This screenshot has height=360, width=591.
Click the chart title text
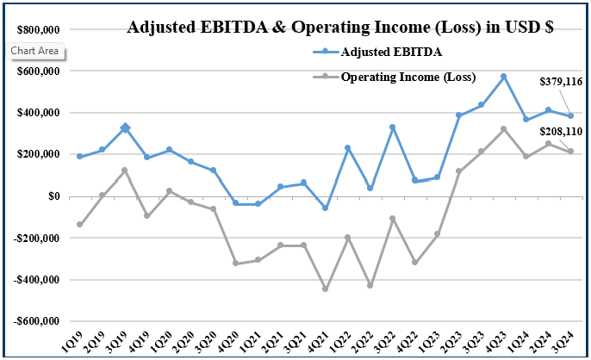click(x=339, y=27)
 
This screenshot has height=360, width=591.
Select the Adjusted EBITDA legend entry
click(x=391, y=52)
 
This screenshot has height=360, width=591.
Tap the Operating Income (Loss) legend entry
click(x=408, y=78)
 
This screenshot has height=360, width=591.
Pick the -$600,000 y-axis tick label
click(x=35, y=321)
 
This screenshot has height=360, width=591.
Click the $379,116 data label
click(x=561, y=82)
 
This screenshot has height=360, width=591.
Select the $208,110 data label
click(x=561, y=132)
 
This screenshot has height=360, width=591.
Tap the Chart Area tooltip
click(x=35, y=51)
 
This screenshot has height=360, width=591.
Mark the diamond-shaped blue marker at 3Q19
click(x=125, y=128)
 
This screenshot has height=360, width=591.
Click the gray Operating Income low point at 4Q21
click(x=325, y=289)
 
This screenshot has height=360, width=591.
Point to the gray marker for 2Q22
click(x=370, y=285)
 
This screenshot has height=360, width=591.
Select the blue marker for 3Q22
click(x=392, y=127)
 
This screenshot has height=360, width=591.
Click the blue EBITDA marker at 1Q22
click(x=347, y=148)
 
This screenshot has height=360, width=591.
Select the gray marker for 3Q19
click(x=125, y=171)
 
